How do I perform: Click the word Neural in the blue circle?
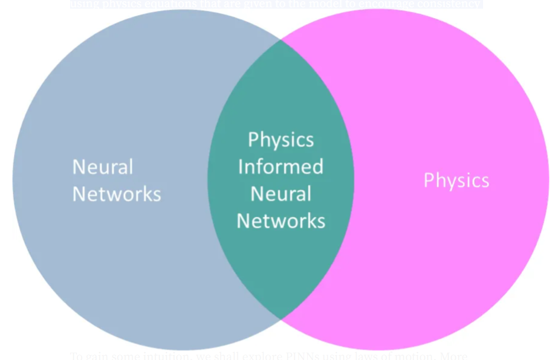pos(103,167)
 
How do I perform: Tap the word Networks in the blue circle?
pos(117,194)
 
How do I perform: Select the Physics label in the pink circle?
pos(456,181)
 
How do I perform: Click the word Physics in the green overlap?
pos(281,140)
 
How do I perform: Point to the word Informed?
pos(281,167)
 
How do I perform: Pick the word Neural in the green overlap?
pos(281,194)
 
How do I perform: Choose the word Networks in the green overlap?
pos(281,221)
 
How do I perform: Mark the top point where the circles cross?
pos(281,41)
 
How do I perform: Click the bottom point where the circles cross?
pos(281,318)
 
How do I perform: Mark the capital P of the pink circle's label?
pos(428,181)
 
